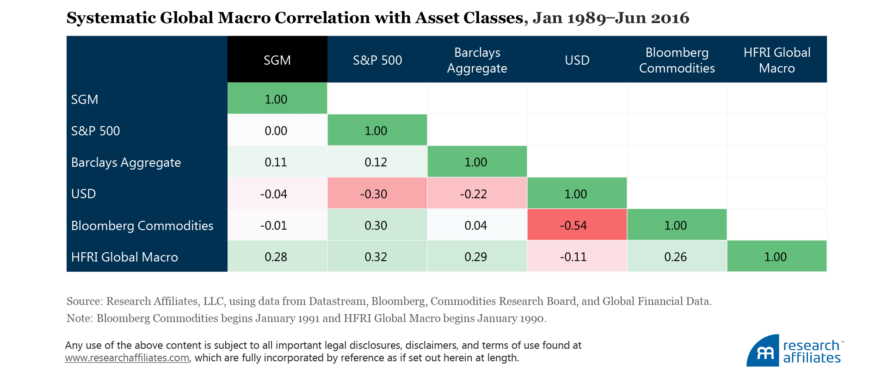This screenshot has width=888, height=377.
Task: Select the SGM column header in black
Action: coord(277,60)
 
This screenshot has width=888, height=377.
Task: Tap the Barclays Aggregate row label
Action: coord(126,162)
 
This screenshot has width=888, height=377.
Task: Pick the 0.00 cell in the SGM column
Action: coord(277,131)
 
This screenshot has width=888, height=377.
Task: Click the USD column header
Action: coord(577,60)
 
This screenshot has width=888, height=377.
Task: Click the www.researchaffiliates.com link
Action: coord(127,358)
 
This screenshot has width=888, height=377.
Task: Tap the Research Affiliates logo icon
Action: coord(763,351)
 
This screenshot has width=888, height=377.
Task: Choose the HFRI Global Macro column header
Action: coord(777,60)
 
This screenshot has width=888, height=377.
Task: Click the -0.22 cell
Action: coord(476,194)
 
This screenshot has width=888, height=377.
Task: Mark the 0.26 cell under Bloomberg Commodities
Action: coord(676,256)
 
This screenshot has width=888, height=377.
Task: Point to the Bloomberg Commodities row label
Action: coord(142,225)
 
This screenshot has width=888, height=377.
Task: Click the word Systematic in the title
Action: coord(111,18)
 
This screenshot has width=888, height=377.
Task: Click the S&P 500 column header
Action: coord(377,60)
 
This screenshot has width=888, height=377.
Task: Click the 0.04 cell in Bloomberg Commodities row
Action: coord(476,225)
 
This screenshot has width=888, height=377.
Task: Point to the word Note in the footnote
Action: coord(79,318)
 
